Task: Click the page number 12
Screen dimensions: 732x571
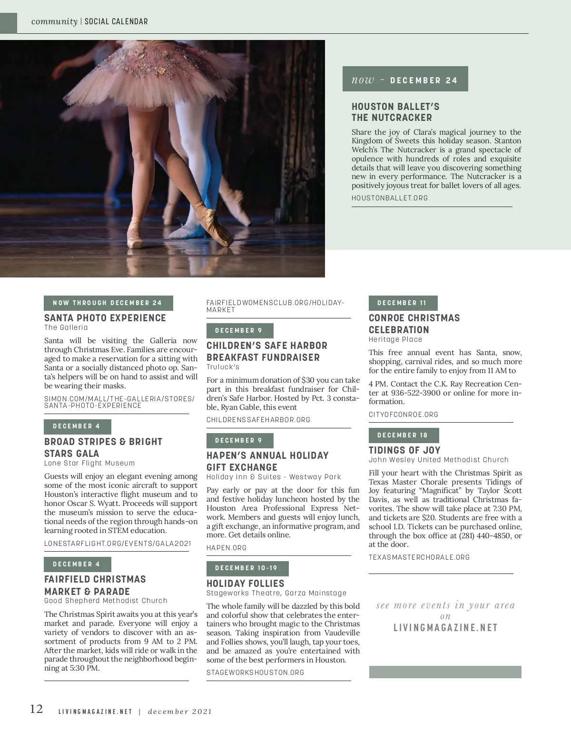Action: (36, 709)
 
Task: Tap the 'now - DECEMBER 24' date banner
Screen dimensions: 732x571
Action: (405, 79)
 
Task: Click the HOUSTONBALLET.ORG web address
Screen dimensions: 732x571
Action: (390, 198)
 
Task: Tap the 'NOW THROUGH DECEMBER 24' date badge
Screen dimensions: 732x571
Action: (108, 303)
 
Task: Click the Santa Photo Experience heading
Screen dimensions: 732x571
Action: (105, 318)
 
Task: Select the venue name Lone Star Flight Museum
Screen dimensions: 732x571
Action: (89, 463)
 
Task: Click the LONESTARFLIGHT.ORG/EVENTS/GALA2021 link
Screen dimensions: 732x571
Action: (118, 544)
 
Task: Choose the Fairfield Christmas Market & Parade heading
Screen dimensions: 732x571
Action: (95, 585)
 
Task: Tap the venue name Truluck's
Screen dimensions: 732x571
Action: (223, 367)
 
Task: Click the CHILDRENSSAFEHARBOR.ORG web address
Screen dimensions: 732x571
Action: (258, 420)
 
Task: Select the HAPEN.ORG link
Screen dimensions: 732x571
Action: (226, 548)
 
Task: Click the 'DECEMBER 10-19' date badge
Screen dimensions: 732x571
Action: (247, 568)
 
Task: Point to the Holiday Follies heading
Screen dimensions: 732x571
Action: (245, 584)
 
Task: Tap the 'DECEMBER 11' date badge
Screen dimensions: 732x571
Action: (403, 303)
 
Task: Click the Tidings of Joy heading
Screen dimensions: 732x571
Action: (404, 450)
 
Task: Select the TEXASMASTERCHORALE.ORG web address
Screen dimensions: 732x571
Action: (419, 557)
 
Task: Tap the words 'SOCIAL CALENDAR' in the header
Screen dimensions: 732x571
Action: (116, 22)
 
